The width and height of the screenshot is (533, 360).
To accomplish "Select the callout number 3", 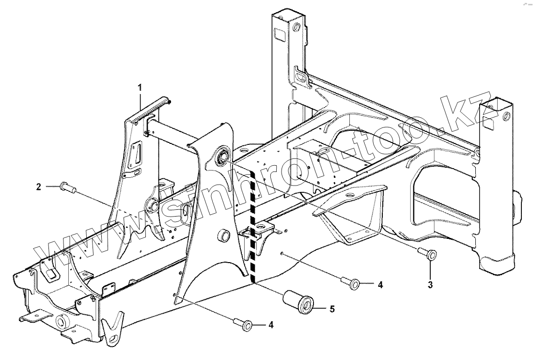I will tap(431, 283).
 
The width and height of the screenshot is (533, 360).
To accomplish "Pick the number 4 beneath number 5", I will tap(271, 325).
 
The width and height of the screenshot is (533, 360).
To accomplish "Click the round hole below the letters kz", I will tap(506, 117).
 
